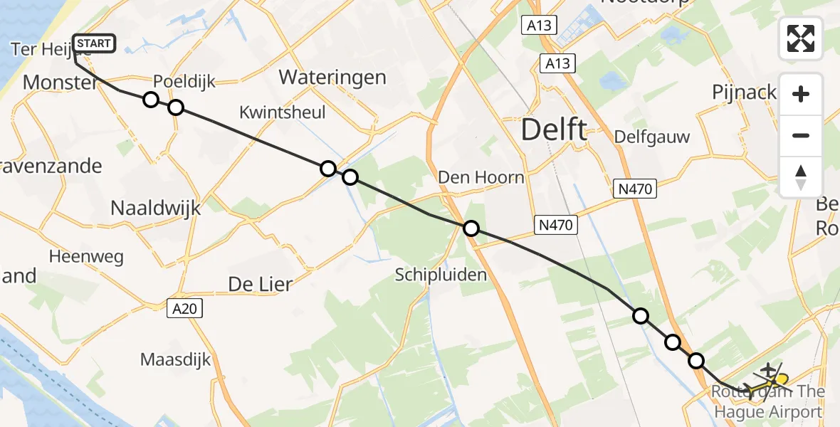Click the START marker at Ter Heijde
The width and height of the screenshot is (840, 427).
93,43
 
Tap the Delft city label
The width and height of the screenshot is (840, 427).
555,130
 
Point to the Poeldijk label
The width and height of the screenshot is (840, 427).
185,81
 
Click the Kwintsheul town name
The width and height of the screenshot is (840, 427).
283,112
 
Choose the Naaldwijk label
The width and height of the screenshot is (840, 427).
156,208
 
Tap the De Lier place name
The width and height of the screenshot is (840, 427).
260,284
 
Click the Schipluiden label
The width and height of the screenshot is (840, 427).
441,275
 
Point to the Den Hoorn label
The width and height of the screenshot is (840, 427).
481,177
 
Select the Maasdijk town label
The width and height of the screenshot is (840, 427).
176,359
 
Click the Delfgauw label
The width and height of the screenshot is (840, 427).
652,137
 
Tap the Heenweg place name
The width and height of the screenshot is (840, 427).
86,256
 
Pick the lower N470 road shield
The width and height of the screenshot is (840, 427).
554,226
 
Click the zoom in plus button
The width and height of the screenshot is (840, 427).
801,95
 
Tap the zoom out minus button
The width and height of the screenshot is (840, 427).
801,135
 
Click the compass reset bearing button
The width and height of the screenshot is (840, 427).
801,176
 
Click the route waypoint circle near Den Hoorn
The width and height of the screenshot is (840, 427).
471,228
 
